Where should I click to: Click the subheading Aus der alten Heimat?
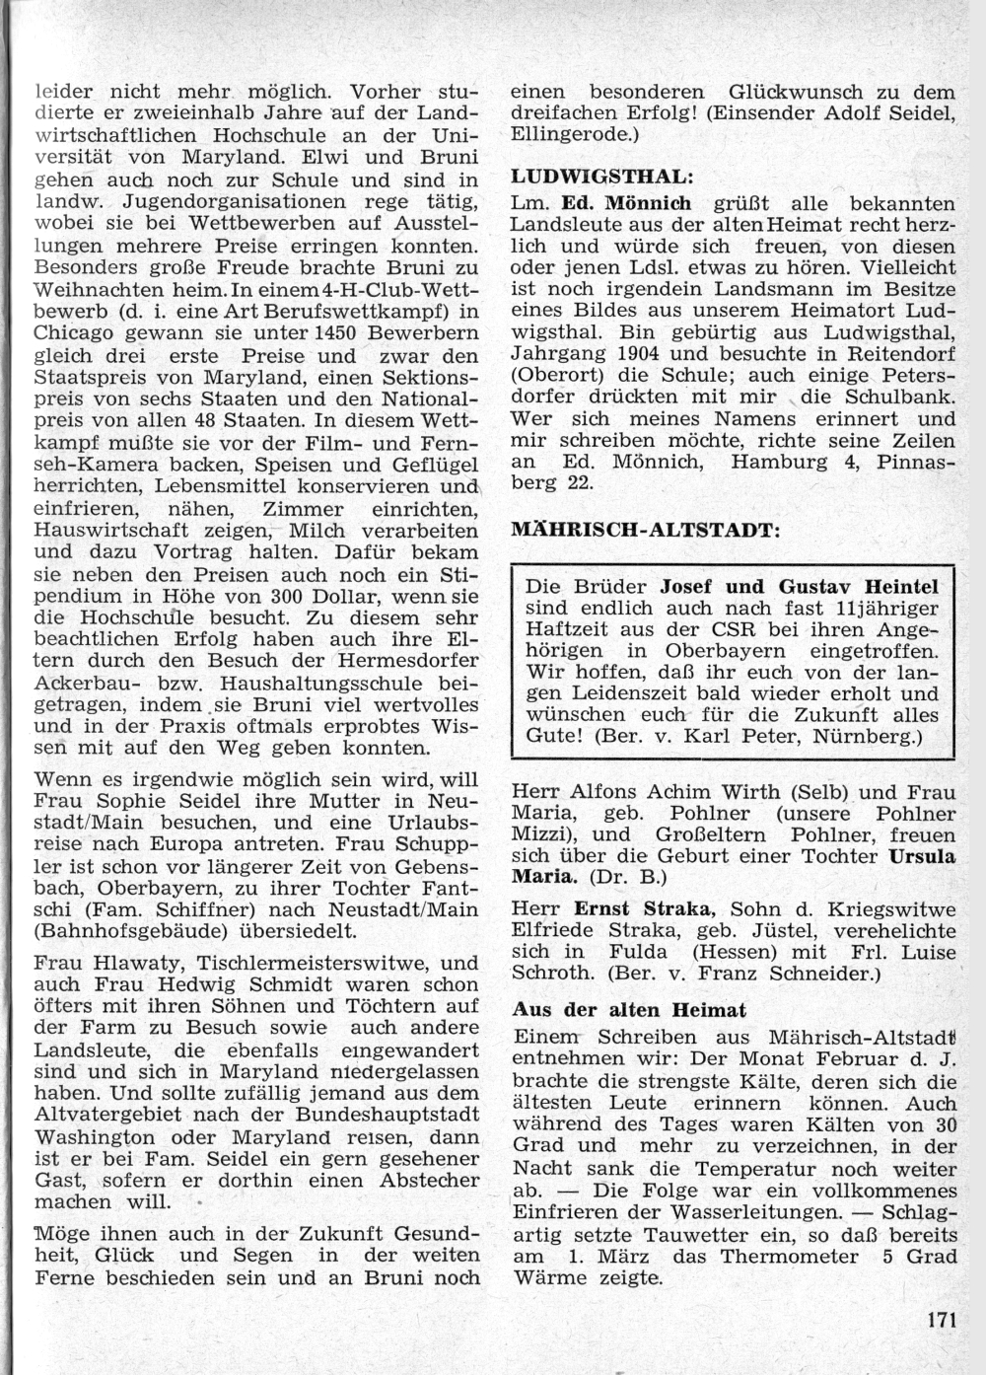pyautogui.click(x=628, y=1009)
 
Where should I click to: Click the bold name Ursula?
pyautogui.click(x=921, y=856)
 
